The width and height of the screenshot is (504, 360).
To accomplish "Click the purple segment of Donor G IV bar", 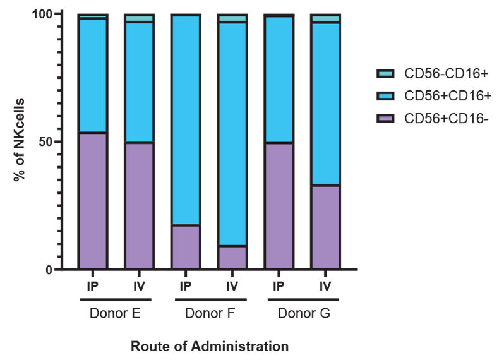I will (325, 227).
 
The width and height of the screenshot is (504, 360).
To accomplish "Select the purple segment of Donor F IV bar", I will (232, 258).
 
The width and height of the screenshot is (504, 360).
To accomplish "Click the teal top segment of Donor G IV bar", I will (325, 18).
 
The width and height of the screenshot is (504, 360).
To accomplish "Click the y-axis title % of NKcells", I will (20, 140).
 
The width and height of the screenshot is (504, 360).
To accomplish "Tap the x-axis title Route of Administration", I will (210, 347).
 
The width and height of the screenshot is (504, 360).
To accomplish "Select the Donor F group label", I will (209, 313).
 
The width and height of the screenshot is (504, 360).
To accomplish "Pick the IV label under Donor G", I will (325, 286).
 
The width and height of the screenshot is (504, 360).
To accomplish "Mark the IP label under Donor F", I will (186, 286).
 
